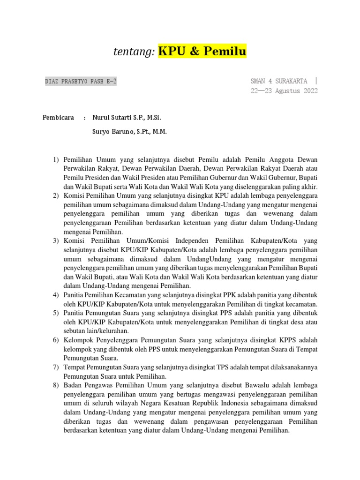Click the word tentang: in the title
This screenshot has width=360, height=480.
(x=134, y=52)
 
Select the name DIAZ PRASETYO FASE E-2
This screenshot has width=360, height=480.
(x=81, y=81)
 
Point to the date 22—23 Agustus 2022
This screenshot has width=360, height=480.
(x=285, y=91)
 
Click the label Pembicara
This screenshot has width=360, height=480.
(x=58, y=117)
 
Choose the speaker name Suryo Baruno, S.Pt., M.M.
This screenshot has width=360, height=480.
(x=130, y=132)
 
